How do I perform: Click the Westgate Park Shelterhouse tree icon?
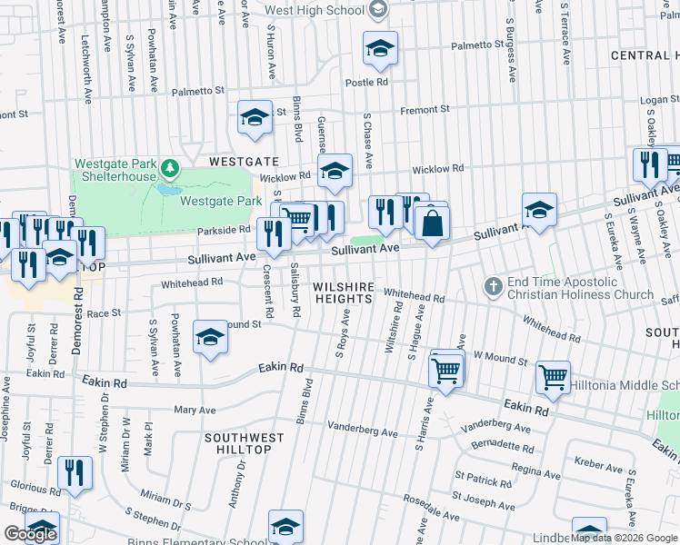(x=168, y=168)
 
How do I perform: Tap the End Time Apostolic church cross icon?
(x=493, y=287)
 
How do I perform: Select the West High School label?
(x=315, y=10)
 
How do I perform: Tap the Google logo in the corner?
(x=29, y=534)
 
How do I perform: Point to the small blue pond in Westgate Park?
(x=166, y=190)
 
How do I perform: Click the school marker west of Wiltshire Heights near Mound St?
(x=211, y=339)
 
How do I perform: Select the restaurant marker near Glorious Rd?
(x=75, y=473)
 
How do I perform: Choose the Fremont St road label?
(x=426, y=110)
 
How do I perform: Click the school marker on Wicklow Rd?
(x=335, y=171)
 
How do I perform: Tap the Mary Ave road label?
(x=194, y=411)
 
